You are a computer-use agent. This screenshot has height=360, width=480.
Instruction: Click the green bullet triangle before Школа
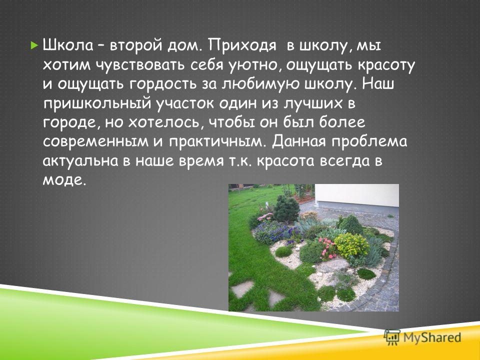(x=34, y=46)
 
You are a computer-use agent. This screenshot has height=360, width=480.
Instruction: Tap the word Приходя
(x=243, y=46)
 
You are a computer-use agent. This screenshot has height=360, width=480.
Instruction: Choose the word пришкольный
(x=97, y=104)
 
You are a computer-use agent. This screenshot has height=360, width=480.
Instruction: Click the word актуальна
(x=80, y=161)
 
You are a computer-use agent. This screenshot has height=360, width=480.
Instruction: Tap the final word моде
(x=63, y=181)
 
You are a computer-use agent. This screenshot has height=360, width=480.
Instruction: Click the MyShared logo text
(x=432, y=337)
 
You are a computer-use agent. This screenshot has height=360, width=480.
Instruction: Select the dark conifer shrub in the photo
(x=286, y=209)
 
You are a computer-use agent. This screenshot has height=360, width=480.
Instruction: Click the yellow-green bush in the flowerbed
(x=351, y=245)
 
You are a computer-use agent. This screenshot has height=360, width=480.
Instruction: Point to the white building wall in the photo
(x=357, y=195)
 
